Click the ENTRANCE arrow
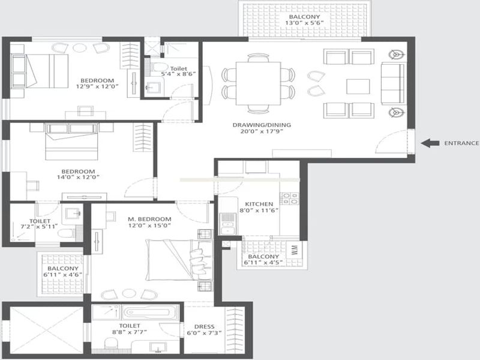[430, 143]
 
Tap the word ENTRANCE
[461, 143]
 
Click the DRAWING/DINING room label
[262, 125]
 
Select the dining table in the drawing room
[258, 83]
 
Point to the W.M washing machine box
[295, 250]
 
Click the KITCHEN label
[259, 204]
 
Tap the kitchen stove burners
[289, 199]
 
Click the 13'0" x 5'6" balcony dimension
[304, 23]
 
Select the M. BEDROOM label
[149, 219]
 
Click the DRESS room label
[204, 326]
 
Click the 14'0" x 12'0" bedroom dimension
[79, 177]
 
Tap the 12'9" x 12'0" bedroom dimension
[97, 86]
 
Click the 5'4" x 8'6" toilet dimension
[178, 74]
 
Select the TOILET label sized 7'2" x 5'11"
[40, 221]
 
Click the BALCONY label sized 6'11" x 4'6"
[63, 268]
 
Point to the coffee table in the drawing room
[358, 86]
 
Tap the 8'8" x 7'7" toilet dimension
[130, 332]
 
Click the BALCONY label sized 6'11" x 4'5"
[263, 257]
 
